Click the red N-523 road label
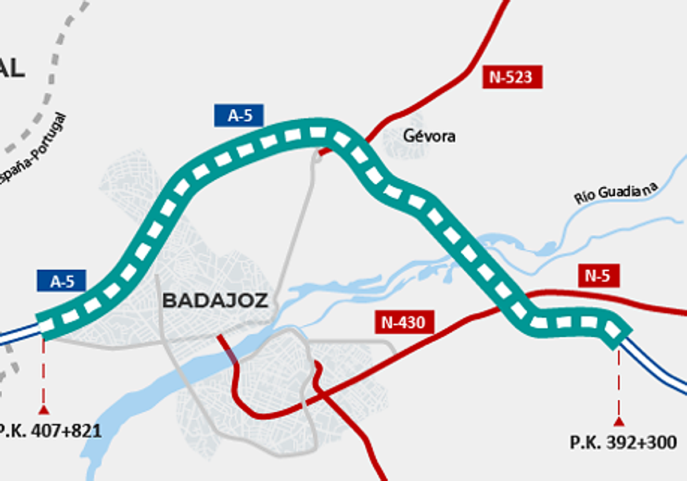(512, 77)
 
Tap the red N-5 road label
(597, 276)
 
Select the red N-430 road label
(404, 322)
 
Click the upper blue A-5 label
(239, 115)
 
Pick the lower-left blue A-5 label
(62, 281)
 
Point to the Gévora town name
(429, 136)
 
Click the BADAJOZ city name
(215, 300)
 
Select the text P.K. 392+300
(623, 442)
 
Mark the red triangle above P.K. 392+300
(618, 422)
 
